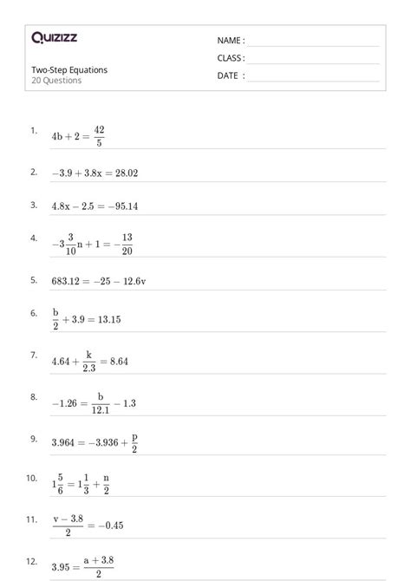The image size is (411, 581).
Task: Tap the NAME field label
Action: click(x=230, y=41)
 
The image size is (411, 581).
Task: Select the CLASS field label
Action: click(x=231, y=58)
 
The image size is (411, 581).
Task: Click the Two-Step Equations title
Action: click(x=69, y=70)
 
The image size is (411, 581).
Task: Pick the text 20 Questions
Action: click(x=56, y=81)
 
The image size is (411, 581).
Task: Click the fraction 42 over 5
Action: click(x=99, y=136)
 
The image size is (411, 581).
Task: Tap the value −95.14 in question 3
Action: click(x=121, y=206)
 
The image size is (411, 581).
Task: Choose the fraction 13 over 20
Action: click(x=127, y=244)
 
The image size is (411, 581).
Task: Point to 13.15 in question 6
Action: click(x=108, y=319)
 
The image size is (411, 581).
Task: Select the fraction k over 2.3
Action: click(x=88, y=362)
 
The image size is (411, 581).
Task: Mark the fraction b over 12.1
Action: click(x=100, y=403)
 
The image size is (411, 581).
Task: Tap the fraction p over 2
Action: click(x=134, y=442)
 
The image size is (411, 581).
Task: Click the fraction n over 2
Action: click(x=107, y=484)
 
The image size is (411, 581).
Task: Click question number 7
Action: click(x=33, y=356)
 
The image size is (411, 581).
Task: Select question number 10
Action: click(x=32, y=478)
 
